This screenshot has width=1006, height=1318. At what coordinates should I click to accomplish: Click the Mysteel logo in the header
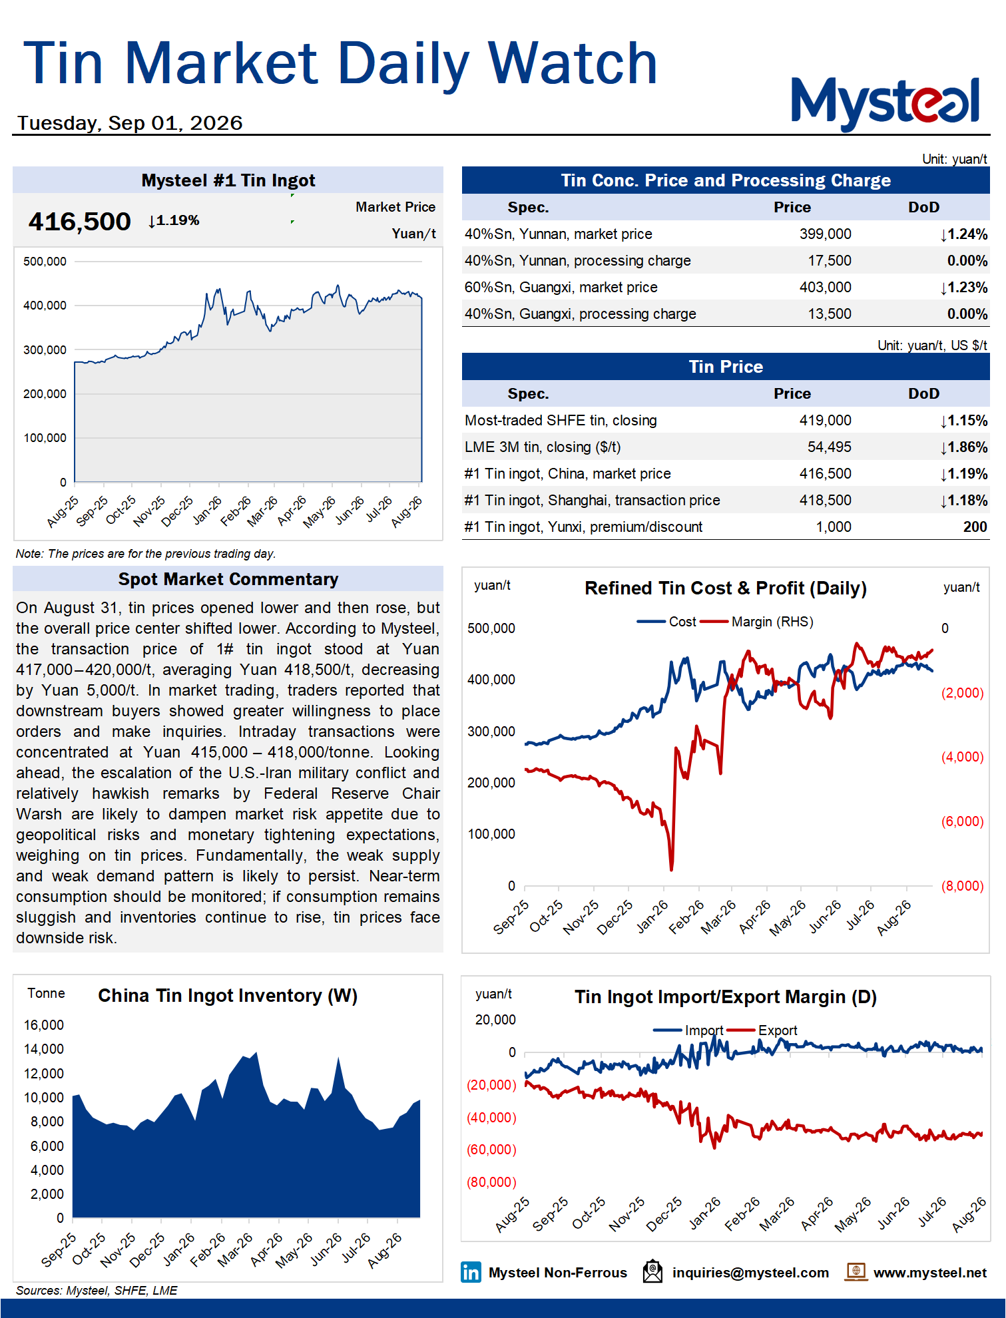pyautogui.click(x=885, y=103)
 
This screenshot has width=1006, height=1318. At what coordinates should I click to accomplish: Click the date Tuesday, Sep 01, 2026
pyautogui.click(x=130, y=123)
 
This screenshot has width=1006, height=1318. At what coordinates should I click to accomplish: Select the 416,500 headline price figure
pyautogui.click(x=79, y=222)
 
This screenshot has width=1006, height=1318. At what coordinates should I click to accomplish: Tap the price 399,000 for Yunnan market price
pyautogui.click(x=825, y=234)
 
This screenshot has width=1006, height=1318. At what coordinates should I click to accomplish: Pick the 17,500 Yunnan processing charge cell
pyautogui.click(x=830, y=261)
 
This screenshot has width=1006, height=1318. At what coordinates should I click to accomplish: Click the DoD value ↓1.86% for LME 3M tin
pyautogui.click(x=963, y=447)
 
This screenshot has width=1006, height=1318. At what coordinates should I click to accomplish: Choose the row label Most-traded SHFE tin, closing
pyautogui.click(x=561, y=421)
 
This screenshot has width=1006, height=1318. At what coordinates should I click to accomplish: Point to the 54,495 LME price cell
pyautogui.click(x=830, y=447)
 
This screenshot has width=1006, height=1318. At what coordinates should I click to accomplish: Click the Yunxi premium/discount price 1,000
pyautogui.click(x=834, y=527)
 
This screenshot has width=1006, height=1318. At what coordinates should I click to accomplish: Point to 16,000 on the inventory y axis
pyautogui.click(x=44, y=1025)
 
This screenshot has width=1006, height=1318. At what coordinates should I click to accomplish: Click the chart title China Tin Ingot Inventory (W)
pyautogui.click(x=228, y=996)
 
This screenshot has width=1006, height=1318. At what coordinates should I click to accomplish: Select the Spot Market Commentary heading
pyautogui.click(x=228, y=579)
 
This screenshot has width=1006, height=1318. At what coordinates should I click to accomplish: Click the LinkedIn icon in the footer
pyautogui.click(x=471, y=1272)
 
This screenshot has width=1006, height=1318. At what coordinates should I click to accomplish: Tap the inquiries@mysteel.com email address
pyautogui.click(x=750, y=1273)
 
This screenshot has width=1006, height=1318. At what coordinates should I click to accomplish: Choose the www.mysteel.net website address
pyautogui.click(x=930, y=1273)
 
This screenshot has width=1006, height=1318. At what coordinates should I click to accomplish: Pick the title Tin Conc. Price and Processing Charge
pyautogui.click(x=726, y=180)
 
